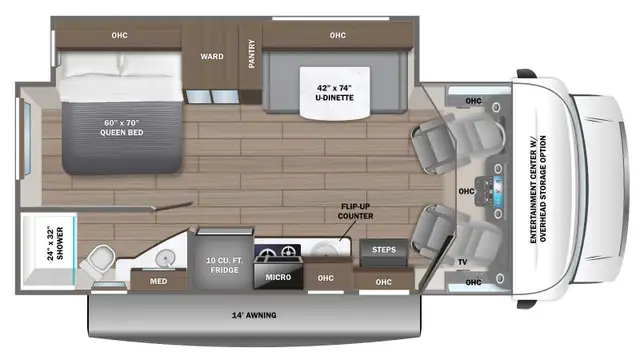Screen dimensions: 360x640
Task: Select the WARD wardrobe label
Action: pyautogui.click(x=211, y=56)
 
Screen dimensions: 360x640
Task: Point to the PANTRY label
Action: pyautogui.click(x=252, y=54)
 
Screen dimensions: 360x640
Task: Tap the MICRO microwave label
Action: pyautogui.click(x=277, y=274)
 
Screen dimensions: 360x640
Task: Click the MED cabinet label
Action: pyautogui.click(x=159, y=281)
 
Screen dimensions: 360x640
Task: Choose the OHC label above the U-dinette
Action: pyautogui.click(x=338, y=36)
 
